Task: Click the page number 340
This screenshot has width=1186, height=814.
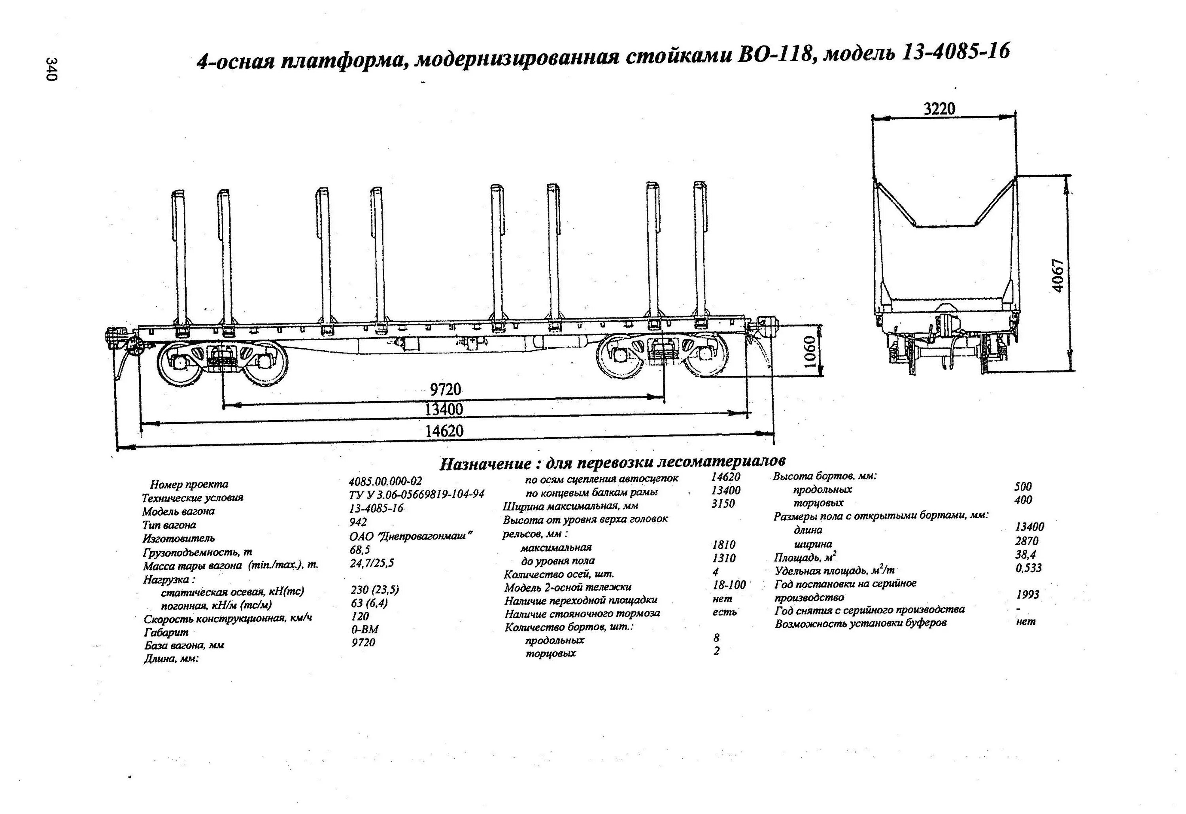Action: click(51, 69)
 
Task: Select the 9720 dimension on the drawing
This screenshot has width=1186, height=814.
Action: click(445, 389)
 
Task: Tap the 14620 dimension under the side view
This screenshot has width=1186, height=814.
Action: click(444, 431)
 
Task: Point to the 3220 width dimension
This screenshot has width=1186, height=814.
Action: click(940, 109)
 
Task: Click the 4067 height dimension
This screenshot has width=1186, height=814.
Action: click(1058, 276)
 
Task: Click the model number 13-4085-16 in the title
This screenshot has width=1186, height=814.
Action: click(956, 53)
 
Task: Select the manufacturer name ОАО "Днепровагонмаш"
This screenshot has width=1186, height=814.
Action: click(411, 536)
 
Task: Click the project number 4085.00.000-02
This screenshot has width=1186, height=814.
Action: click(385, 481)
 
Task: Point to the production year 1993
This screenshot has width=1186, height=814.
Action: click(1027, 595)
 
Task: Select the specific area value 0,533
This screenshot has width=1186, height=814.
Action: click(1028, 568)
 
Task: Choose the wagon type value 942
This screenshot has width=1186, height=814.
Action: click(358, 522)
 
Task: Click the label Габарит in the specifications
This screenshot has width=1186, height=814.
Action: click(166, 632)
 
